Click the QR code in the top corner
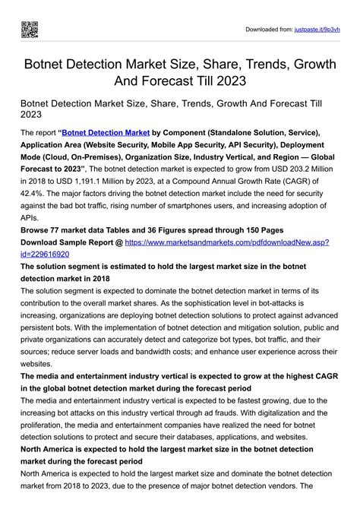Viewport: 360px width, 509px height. tap(29, 30)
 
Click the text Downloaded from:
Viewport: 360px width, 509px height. tap(270, 30)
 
